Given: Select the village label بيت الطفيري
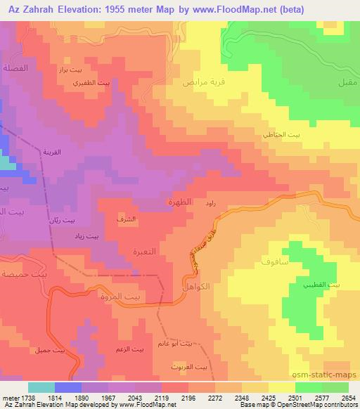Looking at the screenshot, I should [x=93, y=83].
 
